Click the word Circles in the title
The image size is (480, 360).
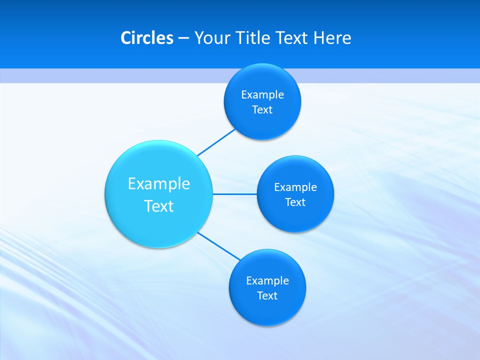coord(146,38)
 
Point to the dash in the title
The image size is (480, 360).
coord(183,38)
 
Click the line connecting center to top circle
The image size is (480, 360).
coord(216,142)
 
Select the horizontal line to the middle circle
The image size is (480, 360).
coord(235,194)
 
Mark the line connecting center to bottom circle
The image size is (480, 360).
coord(219,246)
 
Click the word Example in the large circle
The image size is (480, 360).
coord(159,184)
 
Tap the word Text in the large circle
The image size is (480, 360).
coord(159,206)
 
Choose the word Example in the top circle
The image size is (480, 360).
coord(262,95)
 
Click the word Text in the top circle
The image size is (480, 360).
coord(262,110)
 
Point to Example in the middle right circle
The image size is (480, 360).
coord(295,187)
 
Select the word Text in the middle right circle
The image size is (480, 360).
coord(295,202)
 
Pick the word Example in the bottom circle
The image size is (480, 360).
coord(267,281)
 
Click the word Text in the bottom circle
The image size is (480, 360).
coord(267,296)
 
